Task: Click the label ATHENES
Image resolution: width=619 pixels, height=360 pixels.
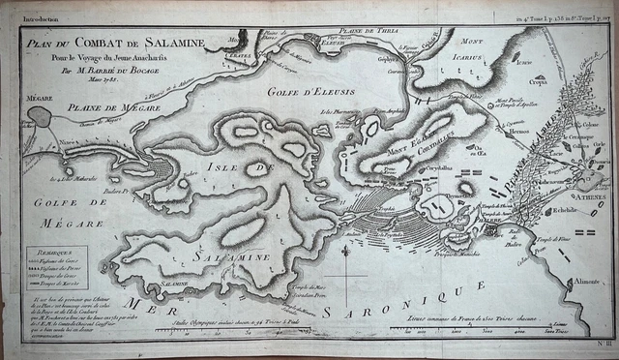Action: pyautogui.click(x=584, y=196)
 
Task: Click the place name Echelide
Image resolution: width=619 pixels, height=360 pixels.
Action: pyautogui.click(x=564, y=210)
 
